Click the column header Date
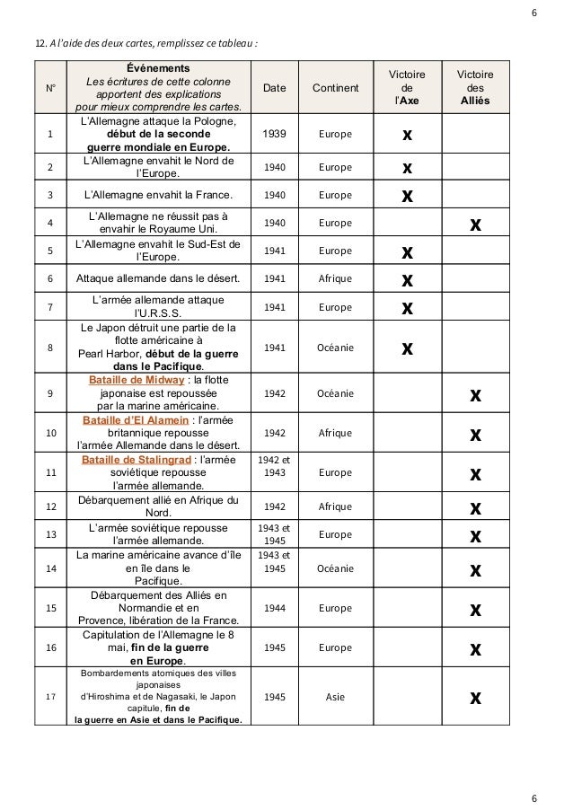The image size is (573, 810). click(x=275, y=87)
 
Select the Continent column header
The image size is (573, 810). click(x=335, y=87)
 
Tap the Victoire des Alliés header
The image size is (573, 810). click(x=474, y=87)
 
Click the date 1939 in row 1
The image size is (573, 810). click(x=275, y=134)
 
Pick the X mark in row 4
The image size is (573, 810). click(x=475, y=223)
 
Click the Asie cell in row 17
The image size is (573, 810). click(x=336, y=696)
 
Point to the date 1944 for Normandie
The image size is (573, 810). click(x=275, y=608)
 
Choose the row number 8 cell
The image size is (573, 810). click(x=50, y=347)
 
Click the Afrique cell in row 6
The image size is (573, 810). click(x=336, y=278)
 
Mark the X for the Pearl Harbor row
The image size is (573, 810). click(x=407, y=347)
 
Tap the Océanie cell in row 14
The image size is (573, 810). click(x=336, y=568)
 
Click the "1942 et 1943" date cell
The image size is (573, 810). click(x=275, y=465)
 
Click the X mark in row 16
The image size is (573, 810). click(x=475, y=648)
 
